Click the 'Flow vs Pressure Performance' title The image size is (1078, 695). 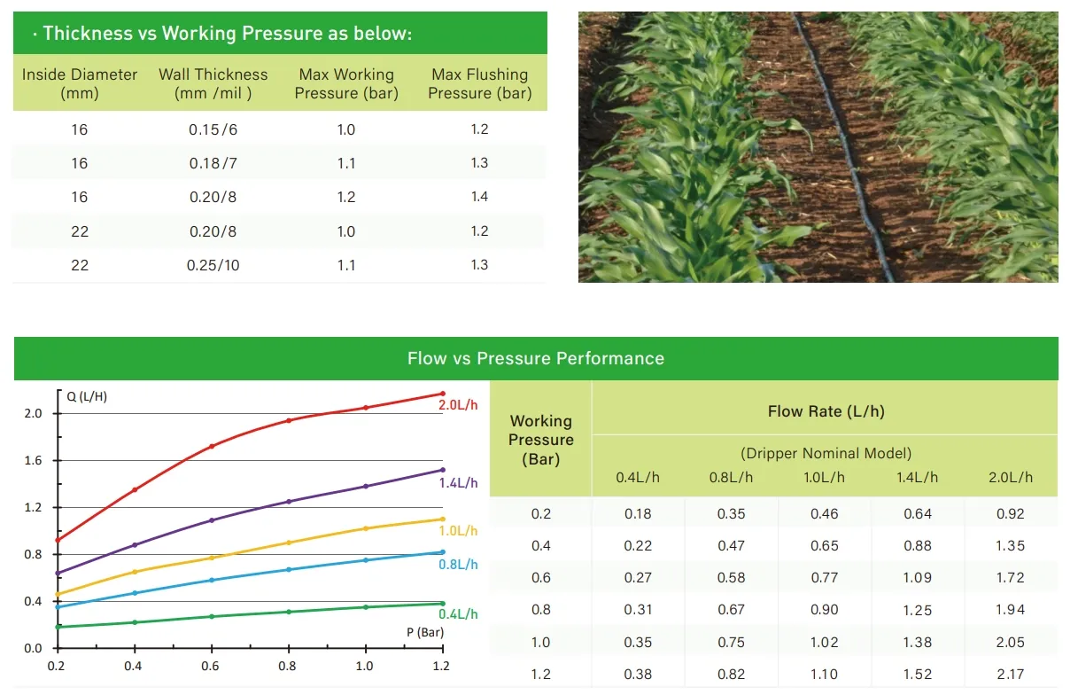535,358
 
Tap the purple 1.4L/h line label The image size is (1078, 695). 458,483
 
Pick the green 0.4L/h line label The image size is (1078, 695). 458,613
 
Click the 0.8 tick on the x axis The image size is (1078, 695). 288,665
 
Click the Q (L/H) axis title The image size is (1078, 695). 88,396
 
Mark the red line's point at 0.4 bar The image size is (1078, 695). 135,489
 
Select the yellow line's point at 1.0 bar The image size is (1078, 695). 365,528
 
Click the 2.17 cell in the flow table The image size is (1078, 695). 1010,675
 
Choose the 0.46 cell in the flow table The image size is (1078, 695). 824,513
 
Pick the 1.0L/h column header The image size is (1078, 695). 824,477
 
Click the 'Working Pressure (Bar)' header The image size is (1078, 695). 541,440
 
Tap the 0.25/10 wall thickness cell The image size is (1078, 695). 213,265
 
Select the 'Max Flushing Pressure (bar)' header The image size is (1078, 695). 479,83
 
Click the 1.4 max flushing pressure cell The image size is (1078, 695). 479,197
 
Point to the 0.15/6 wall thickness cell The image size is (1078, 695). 213,129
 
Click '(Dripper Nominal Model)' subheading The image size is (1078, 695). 825,453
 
